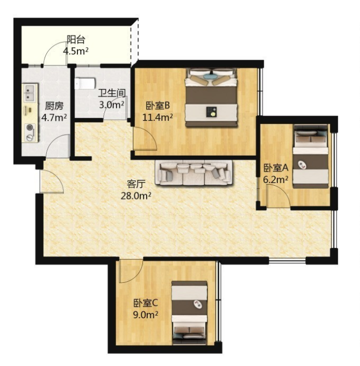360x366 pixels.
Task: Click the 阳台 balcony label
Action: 76,39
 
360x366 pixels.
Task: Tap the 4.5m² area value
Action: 76,51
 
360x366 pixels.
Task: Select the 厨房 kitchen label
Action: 54,106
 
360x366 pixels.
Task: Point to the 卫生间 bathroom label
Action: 112,93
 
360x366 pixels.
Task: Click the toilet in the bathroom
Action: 85,83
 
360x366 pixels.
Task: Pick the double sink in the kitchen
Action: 31,93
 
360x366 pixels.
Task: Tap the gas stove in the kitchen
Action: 31,132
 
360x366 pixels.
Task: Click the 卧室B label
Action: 158,106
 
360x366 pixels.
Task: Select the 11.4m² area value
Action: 158,117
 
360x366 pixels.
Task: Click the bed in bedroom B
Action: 211,97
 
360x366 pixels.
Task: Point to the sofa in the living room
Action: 194,173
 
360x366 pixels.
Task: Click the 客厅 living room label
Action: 136,184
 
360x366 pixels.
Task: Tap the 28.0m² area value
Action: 136,195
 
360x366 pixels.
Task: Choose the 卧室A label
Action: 276,167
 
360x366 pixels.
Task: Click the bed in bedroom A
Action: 311,156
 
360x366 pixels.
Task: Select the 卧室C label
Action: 146,303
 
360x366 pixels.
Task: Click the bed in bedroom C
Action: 189,313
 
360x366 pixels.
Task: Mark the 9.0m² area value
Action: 146,314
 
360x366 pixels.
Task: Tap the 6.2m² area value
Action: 276,179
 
